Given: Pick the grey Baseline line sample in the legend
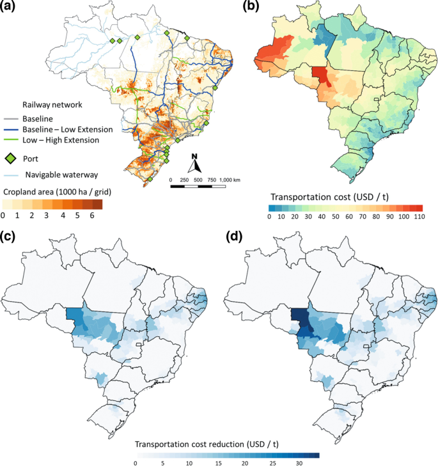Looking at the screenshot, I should pos(12,119).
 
